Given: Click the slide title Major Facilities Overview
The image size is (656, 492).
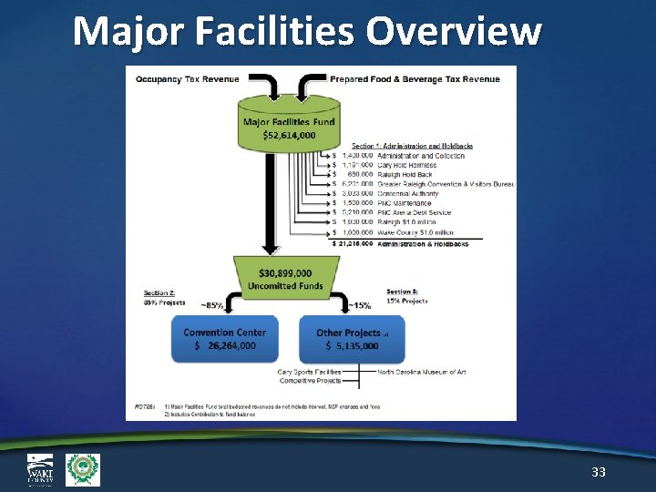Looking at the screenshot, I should [x=306, y=30].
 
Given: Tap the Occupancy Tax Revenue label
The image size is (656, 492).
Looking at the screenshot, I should [x=186, y=79].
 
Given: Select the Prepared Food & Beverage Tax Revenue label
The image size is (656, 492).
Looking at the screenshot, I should [x=415, y=79].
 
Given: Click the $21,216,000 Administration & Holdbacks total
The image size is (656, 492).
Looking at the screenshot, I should [x=401, y=244].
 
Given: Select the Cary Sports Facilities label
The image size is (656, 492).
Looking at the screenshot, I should [x=309, y=371].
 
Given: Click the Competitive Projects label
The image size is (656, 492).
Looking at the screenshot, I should [x=310, y=380].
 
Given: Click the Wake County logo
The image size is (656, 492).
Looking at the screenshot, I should [x=41, y=469].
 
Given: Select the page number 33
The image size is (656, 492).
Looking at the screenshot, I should [x=599, y=471].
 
